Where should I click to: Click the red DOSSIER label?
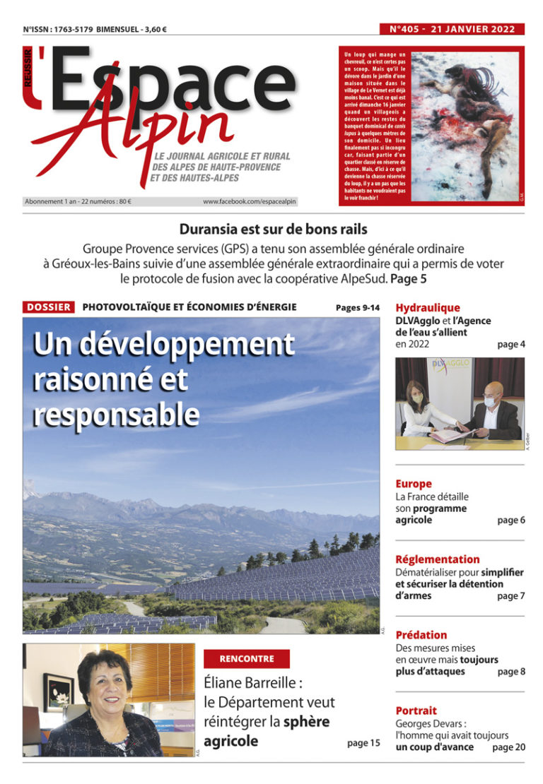point(49,307)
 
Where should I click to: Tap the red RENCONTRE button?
point(247,658)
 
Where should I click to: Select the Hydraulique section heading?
point(428,308)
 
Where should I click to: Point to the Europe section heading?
point(414,484)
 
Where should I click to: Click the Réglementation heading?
point(438,559)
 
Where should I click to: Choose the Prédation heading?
point(421,635)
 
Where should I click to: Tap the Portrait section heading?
point(416,711)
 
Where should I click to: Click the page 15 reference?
point(363,742)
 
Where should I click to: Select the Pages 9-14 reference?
point(358,308)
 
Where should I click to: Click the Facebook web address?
point(250,201)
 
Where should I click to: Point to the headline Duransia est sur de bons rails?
point(274,229)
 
